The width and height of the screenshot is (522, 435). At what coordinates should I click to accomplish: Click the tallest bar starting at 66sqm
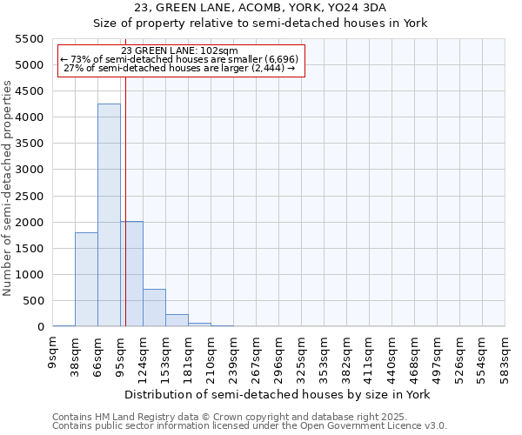tap(109, 215)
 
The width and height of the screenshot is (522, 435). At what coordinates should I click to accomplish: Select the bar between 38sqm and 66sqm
tap(86, 279)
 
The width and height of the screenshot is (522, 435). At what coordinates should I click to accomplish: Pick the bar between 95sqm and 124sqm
tap(132, 274)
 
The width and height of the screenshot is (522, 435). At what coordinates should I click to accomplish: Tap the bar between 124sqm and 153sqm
tap(154, 308)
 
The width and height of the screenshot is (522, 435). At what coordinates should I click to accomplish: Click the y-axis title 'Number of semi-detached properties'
tap(8, 188)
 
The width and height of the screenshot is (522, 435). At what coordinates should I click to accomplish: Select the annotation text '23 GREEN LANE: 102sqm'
tap(179, 51)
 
